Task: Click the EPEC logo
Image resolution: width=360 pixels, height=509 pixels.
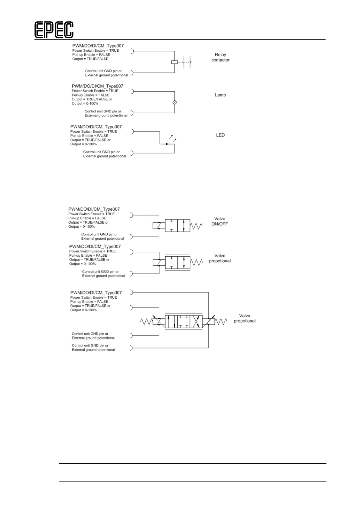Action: (x=54, y=30)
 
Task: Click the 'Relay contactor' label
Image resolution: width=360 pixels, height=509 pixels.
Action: (x=220, y=57)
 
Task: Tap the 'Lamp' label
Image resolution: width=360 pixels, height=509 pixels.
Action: (x=220, y=95)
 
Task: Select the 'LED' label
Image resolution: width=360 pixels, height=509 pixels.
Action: (x=220, y=135)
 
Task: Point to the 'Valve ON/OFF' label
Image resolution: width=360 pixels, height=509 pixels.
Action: (x=220, y=221)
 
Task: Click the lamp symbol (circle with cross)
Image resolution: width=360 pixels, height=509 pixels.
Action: (x=174, y=102)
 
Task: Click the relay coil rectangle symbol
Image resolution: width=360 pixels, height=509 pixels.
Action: (x=174, y=62)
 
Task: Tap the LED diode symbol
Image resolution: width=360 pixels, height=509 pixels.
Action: (x=167, y=144)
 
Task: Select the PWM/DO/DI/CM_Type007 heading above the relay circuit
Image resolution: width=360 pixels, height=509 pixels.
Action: (x=98, y=46)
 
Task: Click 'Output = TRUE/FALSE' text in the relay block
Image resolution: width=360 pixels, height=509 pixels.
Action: (x=90, y=59)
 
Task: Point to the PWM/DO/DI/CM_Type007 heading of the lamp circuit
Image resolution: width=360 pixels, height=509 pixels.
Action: (x=97, y=86)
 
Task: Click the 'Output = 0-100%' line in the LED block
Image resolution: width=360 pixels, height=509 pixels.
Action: (x=83, y=144)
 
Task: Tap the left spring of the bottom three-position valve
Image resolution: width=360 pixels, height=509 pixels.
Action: (x=147, y=322)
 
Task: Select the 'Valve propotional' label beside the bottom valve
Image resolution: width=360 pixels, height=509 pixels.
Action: (x=245, y=318)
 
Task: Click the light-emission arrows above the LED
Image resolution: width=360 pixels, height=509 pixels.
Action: (x=173, y=138)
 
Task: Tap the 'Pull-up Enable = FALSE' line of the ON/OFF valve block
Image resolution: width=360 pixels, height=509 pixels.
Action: (x=87, y=218)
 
